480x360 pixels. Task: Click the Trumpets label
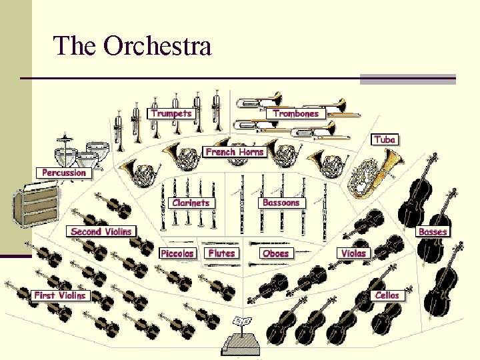click(171, 113)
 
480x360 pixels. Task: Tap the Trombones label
click(296, 113)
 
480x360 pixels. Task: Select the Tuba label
click(385, 139)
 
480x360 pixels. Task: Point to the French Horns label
click(235, 152)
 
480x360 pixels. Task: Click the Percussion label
click(64, 173)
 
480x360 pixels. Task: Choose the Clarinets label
click(191, 203)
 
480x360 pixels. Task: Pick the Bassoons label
click(281, 203)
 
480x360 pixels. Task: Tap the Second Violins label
click(101, 231)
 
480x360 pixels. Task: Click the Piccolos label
click(177, 253)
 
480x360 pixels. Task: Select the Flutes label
click(221, 253)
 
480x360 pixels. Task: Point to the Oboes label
click(276, 253)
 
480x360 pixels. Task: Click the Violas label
click(353, 253)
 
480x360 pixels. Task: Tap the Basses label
click(433, 232)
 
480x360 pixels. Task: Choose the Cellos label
click(387, 295)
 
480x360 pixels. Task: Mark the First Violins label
click(60, 295)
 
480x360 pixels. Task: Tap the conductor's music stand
click(242, 333)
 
